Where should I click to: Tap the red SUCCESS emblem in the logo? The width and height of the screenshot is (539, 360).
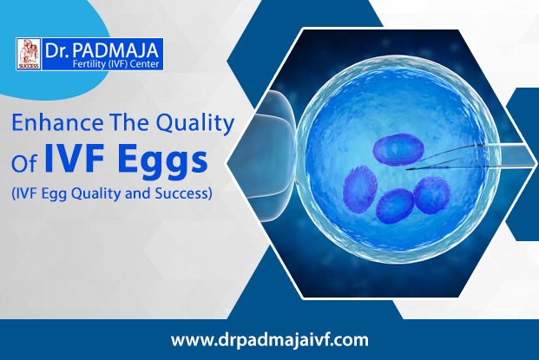click(29, 54)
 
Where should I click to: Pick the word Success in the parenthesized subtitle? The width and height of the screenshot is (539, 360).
click(183, 193)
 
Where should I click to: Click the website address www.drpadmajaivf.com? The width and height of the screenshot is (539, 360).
click(269, 340)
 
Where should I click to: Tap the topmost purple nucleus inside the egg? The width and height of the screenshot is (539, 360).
click(398, 148)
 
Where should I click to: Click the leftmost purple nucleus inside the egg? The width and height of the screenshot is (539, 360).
click(360, 188)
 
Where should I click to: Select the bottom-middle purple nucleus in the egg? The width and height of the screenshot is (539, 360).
click(395, 206)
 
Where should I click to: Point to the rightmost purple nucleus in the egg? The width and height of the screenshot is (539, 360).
click(432, 195)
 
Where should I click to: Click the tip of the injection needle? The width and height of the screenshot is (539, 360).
click(407, 169)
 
